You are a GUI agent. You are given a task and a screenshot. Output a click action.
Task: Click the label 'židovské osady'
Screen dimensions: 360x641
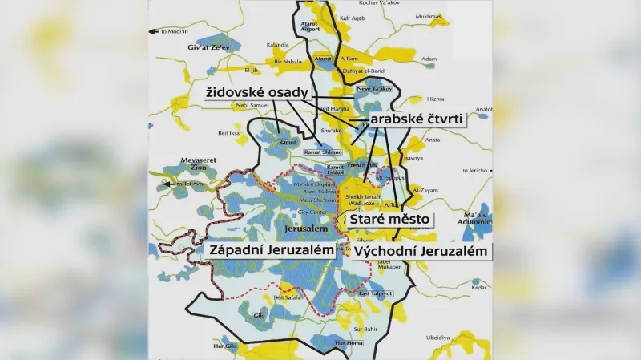tap(255, 93)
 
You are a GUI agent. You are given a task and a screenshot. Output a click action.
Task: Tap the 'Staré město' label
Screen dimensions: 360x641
tap(389, 219)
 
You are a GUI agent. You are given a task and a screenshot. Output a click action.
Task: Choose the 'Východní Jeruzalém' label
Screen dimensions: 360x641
tap(419, 251)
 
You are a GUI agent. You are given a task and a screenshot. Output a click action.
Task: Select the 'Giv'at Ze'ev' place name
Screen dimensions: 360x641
tap(185, 48)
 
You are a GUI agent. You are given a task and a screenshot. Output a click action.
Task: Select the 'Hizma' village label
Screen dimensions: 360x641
tap(436, 99)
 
